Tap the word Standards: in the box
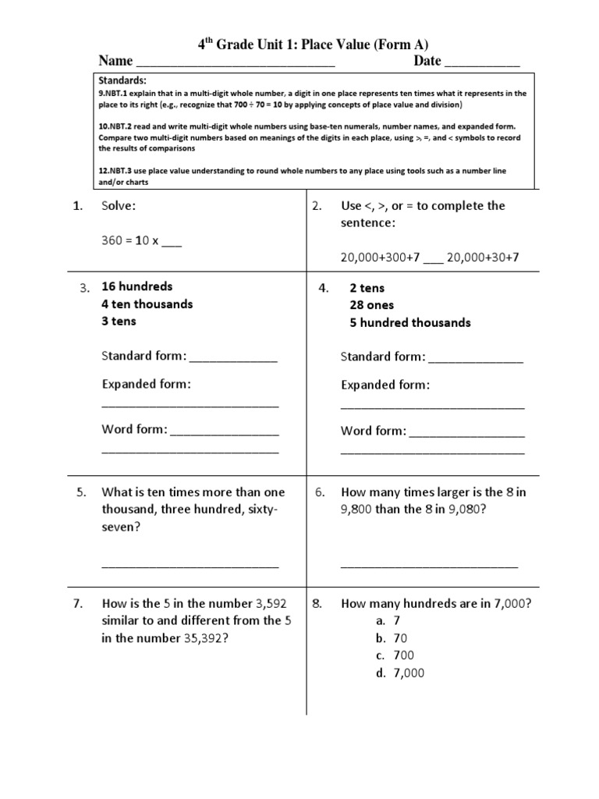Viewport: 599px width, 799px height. click(122, 80)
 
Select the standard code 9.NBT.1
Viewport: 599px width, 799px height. click(114, 93)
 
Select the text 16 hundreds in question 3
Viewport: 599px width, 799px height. click(137, 286)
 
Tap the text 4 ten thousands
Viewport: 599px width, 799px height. click(147, 304)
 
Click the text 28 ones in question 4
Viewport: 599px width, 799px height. click(372, 305)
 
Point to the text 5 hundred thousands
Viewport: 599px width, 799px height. click(410, 322)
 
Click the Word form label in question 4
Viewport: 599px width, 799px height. click(373, 431)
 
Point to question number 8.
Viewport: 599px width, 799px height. click(317, 603)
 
